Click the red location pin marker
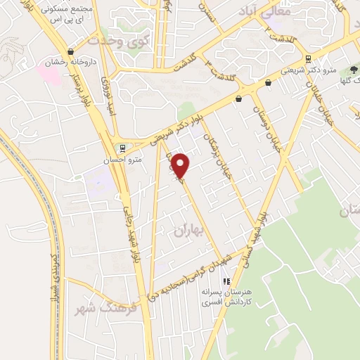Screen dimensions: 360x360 [181, 166]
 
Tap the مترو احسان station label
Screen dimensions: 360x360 [127, 160]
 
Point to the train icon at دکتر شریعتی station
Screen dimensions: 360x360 [308, 59]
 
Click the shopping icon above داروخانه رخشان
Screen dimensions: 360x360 [70, 52]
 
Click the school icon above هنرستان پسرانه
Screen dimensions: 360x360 [226, 281]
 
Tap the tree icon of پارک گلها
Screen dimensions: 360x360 [353, 70]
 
